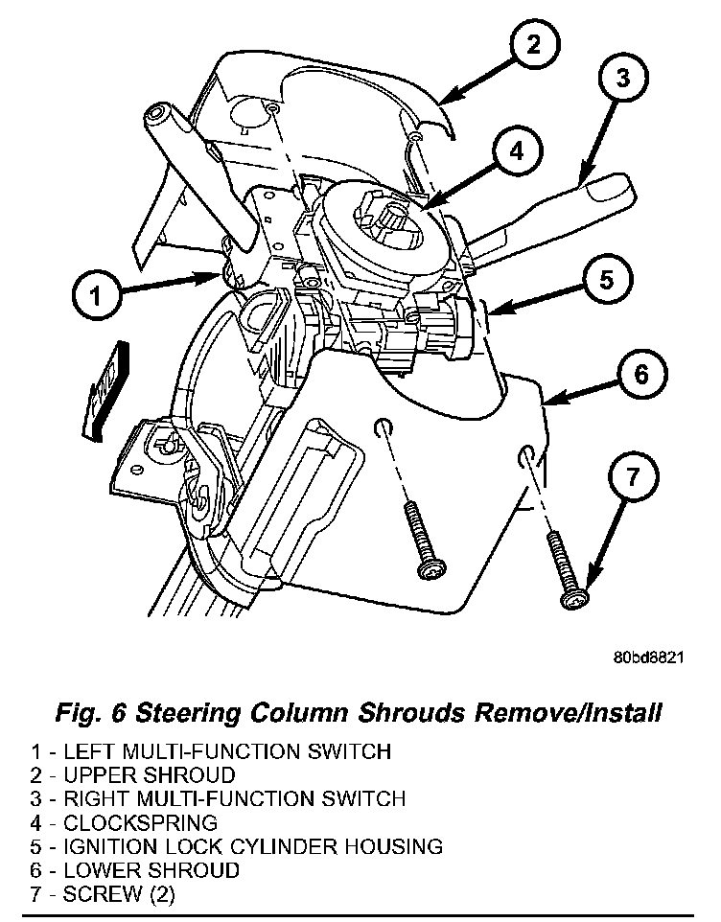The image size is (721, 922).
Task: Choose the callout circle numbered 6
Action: pyautogui.click(x=640, y=374)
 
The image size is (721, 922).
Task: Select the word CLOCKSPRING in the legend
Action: pyautogui.click(x=140, y=822)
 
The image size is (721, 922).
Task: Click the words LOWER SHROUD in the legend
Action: pyautogui.click(x=151, y=870)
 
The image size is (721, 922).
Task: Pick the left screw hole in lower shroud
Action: pyautogui.click(x=383, y=426)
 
